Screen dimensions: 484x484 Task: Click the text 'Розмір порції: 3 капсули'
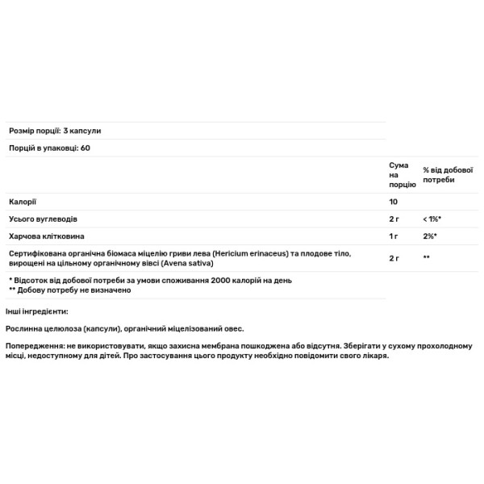pyautogui.click(x=55, y=131)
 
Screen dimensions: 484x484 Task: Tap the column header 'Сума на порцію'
pyautogui.click(x=399, y=174)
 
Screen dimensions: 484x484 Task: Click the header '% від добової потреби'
pyautogui.click(x=440, y=173)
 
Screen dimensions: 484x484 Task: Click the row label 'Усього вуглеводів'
pyautogui.click(x=44, y=219)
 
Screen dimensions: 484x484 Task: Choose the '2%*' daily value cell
pyautogui.click(x=430, y=237)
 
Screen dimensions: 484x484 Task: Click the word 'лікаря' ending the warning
pyautogui.click(x=375, y=356)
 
